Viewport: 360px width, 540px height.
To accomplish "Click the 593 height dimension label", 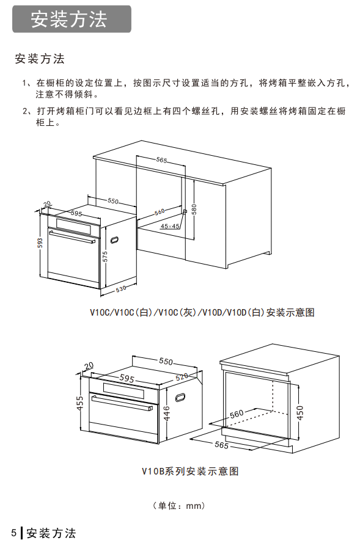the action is click(40, 243).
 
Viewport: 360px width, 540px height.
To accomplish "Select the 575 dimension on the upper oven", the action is click(105, 256).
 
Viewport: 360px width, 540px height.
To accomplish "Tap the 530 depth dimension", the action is click(121, 289).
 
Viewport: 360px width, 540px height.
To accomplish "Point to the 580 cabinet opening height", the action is click(194, 209).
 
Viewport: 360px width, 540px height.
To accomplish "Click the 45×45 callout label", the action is click(170, 226).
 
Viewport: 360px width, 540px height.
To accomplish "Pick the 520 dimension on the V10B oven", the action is click(182, 377).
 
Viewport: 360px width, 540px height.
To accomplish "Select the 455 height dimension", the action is click(80, 403).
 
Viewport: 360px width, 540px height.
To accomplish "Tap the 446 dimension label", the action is click(166, 414).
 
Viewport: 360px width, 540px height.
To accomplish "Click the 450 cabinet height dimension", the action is click(300, 412).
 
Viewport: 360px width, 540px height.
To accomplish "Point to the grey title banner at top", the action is click(72, 19).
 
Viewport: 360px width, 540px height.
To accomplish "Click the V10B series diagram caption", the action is click(190, 471).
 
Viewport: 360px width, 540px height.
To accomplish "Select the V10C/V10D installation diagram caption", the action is click(202, 312).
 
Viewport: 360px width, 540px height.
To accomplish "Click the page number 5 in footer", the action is click(14, 532).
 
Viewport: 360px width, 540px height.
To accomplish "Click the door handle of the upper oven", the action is click(72, 237).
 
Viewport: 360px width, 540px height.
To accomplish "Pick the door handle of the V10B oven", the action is click(122, 403).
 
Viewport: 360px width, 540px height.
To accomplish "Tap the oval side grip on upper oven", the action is click(115, 239).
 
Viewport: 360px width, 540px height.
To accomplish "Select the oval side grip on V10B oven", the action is click(180, 397).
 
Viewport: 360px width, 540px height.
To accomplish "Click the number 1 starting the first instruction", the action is click(24, 83).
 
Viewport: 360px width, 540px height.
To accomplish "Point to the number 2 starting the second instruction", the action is click(24, 111).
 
